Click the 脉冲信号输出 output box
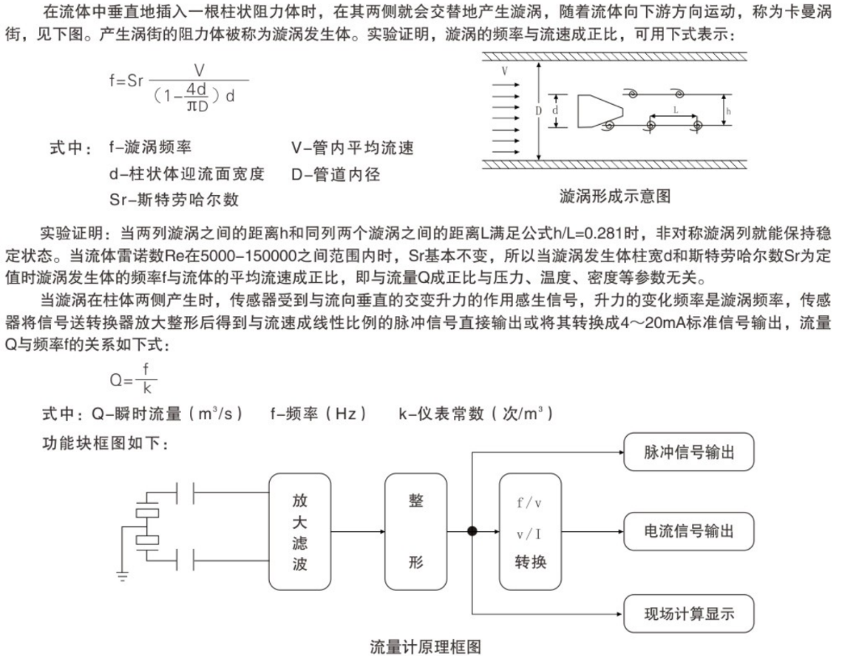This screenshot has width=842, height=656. [688, 452]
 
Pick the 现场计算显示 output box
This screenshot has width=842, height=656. [688, 612]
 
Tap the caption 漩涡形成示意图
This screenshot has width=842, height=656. [615, 195]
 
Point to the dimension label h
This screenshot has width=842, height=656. [729, 111]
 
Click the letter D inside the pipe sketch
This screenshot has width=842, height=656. [539, 111]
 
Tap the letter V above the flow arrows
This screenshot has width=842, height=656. [504, 71]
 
